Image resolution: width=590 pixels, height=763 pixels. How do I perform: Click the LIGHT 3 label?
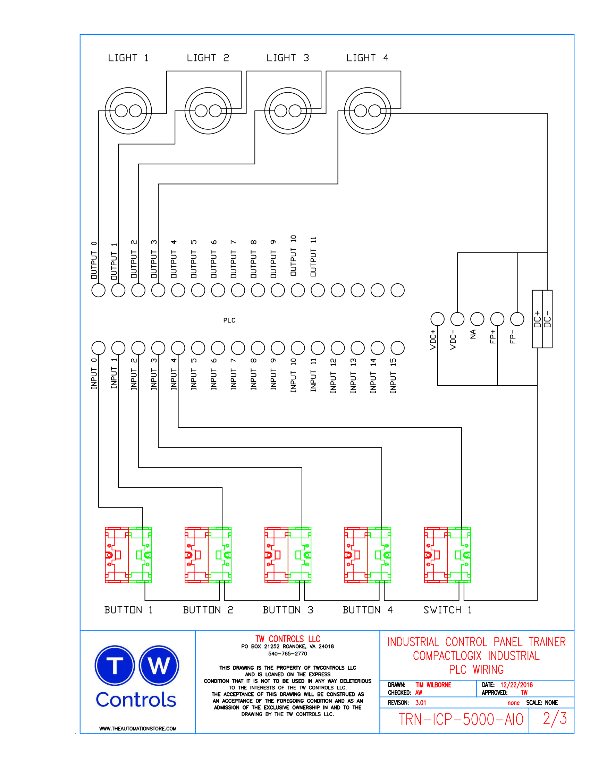287,58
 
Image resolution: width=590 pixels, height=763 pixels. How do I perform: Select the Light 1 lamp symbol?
128,111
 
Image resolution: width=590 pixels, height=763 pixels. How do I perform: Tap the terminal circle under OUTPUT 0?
98,290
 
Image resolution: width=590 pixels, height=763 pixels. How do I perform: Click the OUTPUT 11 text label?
313,256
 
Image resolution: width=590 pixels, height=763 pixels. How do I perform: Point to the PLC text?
229,320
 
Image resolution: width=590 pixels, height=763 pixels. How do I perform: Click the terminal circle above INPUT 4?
178,348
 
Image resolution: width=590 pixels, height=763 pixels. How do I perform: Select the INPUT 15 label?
393,376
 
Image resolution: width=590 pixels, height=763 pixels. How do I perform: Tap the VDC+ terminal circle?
437,319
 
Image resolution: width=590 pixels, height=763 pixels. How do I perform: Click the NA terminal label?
473,334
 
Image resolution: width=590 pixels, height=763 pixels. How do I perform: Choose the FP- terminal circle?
517,319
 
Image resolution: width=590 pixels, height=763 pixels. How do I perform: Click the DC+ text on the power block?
537,319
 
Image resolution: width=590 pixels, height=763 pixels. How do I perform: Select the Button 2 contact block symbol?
208,555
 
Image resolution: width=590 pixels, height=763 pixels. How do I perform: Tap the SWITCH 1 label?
447,610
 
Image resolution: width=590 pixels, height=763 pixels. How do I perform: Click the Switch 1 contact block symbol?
447,555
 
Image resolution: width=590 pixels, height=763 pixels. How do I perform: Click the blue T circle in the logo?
115,665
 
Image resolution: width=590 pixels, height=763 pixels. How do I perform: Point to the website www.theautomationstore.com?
138,728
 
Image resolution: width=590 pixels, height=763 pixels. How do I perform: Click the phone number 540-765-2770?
287,654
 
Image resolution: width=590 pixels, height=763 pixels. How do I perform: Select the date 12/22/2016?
516,685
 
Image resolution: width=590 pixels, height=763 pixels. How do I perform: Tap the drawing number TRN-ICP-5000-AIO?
461,720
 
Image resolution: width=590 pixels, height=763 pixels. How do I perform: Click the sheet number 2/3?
555,719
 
